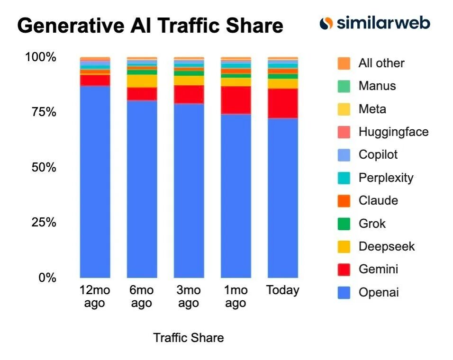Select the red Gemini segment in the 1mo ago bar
click(x=236, y=100)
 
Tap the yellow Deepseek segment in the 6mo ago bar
click(x=142, y=81)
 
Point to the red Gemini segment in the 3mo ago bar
click(x=189, y=95)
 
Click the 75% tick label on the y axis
click(x=41, y=112)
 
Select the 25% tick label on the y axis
click(x=41, y=222)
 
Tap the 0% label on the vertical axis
click(x=47, y=278)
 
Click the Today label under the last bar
click(x=283, y=290)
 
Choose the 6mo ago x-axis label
click(x=142, y=297)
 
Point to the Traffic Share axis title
click(x=188, y=338)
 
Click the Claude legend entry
click(x=378, y=200)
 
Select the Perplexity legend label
click(x=386, y=178)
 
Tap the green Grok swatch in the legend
click(x=344, y=224)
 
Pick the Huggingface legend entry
click(x=393, y=132)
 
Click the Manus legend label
click(x=377, y=86)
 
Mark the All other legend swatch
click(x=344, y=63)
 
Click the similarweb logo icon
click(x=326, y=23)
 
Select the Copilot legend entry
click(x=378, y=154)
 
